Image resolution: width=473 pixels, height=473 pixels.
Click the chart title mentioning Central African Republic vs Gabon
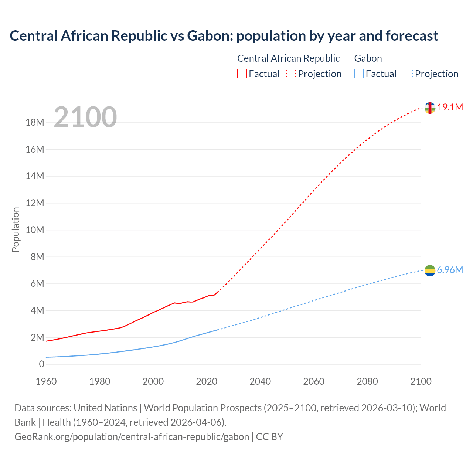pyautogui.click(x=224, y=36)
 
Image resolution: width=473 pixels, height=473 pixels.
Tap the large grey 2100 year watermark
pyautogui.click(x=85, y=117)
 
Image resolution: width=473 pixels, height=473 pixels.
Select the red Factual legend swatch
pyautogui.click(x=242, y=74)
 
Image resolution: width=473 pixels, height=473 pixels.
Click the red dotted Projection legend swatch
pyautogui.click(x=291, y=74)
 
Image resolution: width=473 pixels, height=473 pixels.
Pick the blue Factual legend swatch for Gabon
pyautogui.click(x=358, y=74)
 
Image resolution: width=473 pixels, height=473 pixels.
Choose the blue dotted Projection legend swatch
pyautogui.click(x=408, y=74)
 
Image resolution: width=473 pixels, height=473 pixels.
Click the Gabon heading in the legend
pyautogui.click(x=368, y=58)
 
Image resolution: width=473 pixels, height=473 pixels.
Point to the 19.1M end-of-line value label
pyautogui.click(x=450, y=108)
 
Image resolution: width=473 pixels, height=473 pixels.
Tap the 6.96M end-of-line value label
pyautogui.click(x=450, y=270)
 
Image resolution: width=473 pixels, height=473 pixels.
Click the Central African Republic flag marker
pyautogui.click(x=430, y=108)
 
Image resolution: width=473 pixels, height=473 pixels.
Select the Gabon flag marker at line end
pyautogui.click(x=430, y=270)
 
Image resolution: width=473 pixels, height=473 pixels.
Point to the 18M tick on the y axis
pyautogui.click(x=35, y=123)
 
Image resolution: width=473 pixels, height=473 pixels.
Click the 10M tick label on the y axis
pyautogui.click(x=35, y=230)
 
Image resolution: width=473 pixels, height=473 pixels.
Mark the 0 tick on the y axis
pyautogui.click(x=41, y=364)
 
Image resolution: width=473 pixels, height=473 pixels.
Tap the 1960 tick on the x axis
pyautogui.click(x=46, y=381)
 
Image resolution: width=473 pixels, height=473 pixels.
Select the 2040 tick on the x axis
pyautogui.click(x=260, y=381)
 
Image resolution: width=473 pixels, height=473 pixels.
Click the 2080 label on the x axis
pyautogui.click(x=367, y=381)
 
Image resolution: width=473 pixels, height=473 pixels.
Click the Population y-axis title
pyautogui.click(x=16, y=229)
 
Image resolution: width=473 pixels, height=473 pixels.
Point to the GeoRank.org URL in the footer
pyautogui.click(x=132, y=437)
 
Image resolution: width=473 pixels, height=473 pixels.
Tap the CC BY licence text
pyautogui.click(x=269, y=437)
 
